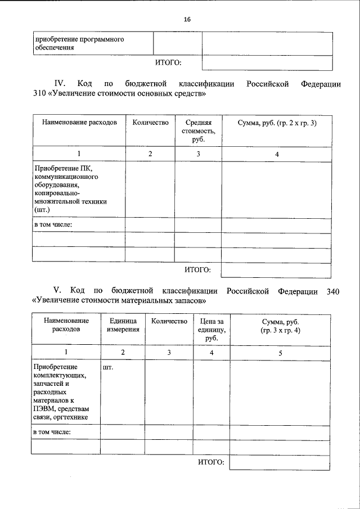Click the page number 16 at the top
pyautogui.click(x=187, y=19)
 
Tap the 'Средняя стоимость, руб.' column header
pyautogui.click(x=198, y=130)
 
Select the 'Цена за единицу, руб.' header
pyautogui.click(x=211, y=329)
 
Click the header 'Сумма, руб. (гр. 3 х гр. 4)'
pyautogui.click(x=280, y=325)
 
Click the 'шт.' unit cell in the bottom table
pyautogui.click(x=109, y=368)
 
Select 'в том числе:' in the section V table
pyautogui.click(x=53, y=432)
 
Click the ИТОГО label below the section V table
pyautogui.click(x=211, y=462)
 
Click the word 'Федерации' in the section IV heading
pyautogui.click(x=321, y=84)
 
